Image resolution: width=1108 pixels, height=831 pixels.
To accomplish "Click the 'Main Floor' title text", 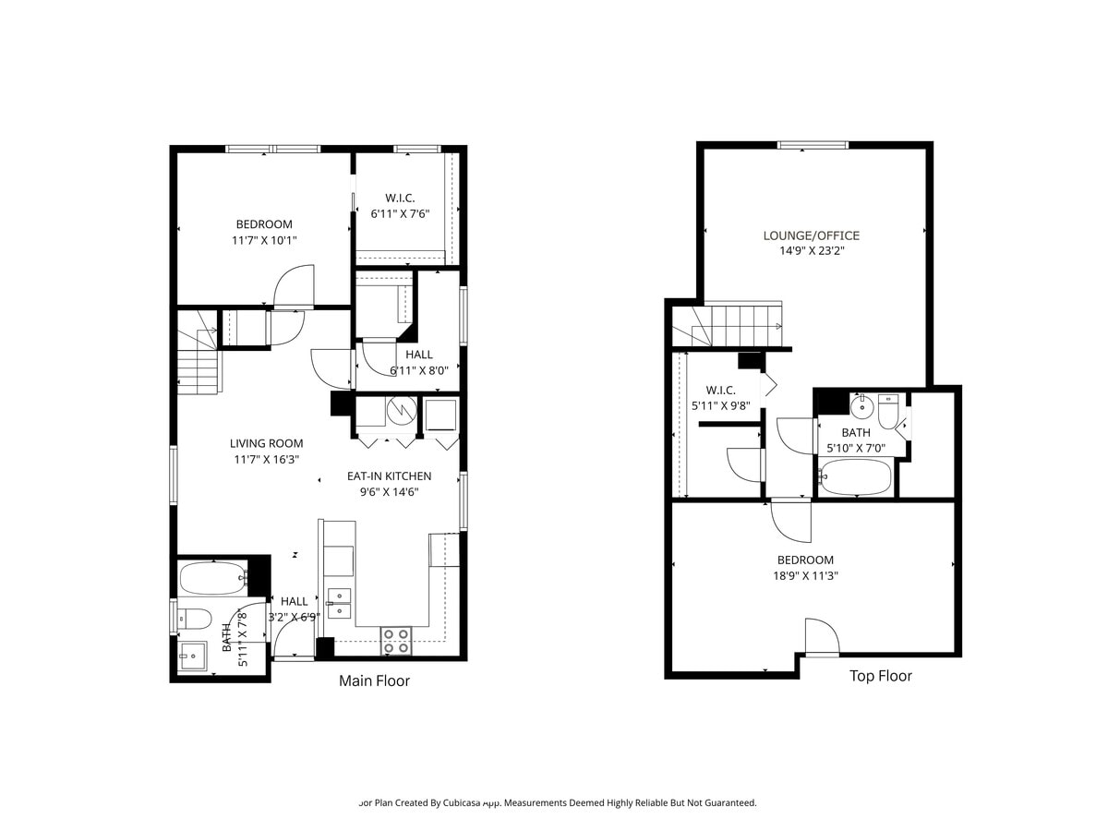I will coord(374,681).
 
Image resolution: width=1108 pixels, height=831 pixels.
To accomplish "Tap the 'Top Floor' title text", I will coord(880,676).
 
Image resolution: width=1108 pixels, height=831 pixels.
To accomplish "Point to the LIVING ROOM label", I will coord(266,443).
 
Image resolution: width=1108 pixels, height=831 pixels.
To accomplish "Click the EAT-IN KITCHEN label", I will coord(389,476).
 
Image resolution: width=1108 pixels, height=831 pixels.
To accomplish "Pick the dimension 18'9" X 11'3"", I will coord(805,575).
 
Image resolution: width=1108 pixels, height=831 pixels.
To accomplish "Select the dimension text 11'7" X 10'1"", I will coord(264,240).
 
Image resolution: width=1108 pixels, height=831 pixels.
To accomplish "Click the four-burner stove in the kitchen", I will coord(397,641).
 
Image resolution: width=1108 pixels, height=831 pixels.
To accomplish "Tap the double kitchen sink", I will coord(339,602).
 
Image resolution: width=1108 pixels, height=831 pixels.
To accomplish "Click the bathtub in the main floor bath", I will coord(212,579).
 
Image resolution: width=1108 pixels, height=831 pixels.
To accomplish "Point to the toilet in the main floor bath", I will coord(196,618).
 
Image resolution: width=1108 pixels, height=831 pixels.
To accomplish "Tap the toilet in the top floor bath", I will coord(888,412).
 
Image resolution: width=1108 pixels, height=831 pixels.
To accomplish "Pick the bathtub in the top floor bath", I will coord(856,478).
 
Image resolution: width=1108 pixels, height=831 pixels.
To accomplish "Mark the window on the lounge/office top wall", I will coord(813,145).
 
